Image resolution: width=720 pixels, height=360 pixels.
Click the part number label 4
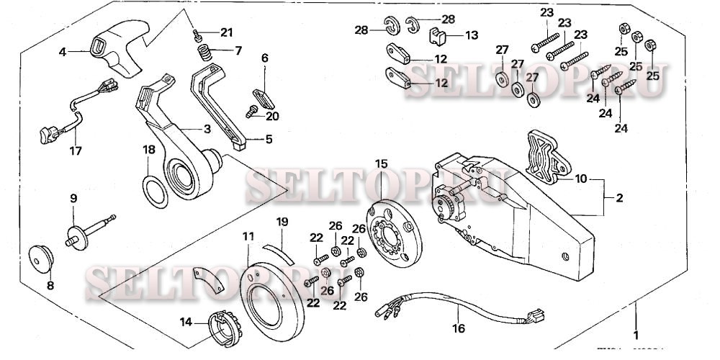[x=63, y=51]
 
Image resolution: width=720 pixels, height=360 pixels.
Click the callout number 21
[x=227, y=32]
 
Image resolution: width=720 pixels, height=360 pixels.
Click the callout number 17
[x=75, y=151]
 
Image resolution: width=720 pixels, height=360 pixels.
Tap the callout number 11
[x=248, y=235]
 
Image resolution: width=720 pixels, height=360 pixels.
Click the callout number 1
[x=635, y=334]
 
